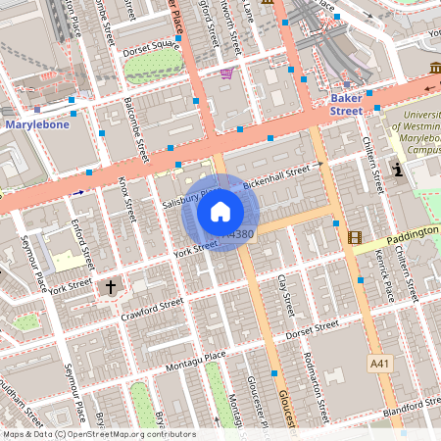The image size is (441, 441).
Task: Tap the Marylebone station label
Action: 37,125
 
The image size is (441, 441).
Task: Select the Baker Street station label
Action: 345,105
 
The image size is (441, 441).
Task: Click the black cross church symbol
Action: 110,287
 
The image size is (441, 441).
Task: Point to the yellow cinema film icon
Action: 354,237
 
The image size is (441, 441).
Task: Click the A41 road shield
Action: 381,364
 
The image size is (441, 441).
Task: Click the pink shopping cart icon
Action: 227,73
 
